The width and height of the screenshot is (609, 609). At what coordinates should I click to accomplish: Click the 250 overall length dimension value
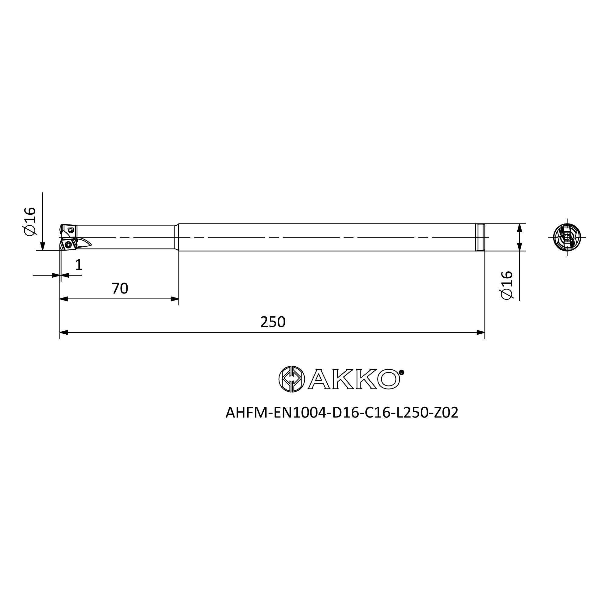pyautogui.click(x=273, y=322)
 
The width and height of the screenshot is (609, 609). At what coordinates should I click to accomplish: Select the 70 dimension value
pyautogui.click(x=120, y=288)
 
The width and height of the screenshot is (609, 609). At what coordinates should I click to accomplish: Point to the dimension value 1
pyautogui.click(x=79, y=265)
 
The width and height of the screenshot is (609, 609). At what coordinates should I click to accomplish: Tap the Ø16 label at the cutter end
pyautogui.click(x=29, y=221)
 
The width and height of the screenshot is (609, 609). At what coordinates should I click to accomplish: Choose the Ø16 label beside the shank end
pyautogui.click(x=507, y=285)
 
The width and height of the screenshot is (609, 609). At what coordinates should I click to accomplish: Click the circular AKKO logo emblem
pyautogui.click(x=292, y=379)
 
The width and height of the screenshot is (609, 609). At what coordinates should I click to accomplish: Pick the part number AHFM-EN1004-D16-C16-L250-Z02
pyautogui.click(x=342, y=413)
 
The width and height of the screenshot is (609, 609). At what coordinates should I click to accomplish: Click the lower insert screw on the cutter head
pyautogui.click(x=68, y=245)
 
